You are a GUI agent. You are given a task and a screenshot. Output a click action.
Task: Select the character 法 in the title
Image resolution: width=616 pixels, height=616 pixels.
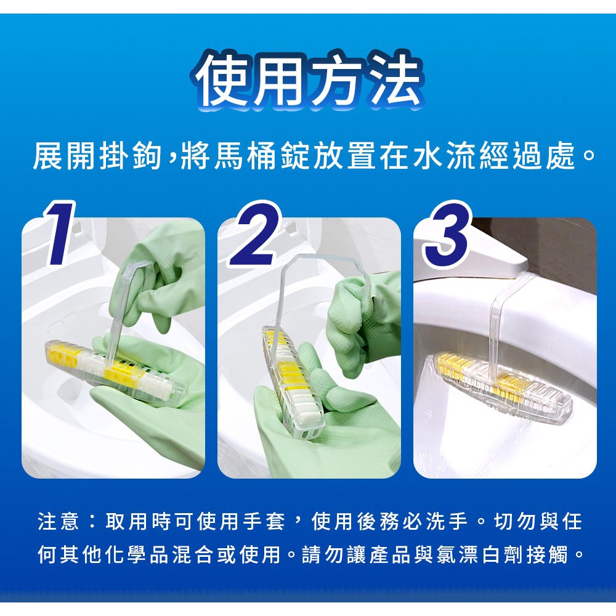(x=397, y=81)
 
